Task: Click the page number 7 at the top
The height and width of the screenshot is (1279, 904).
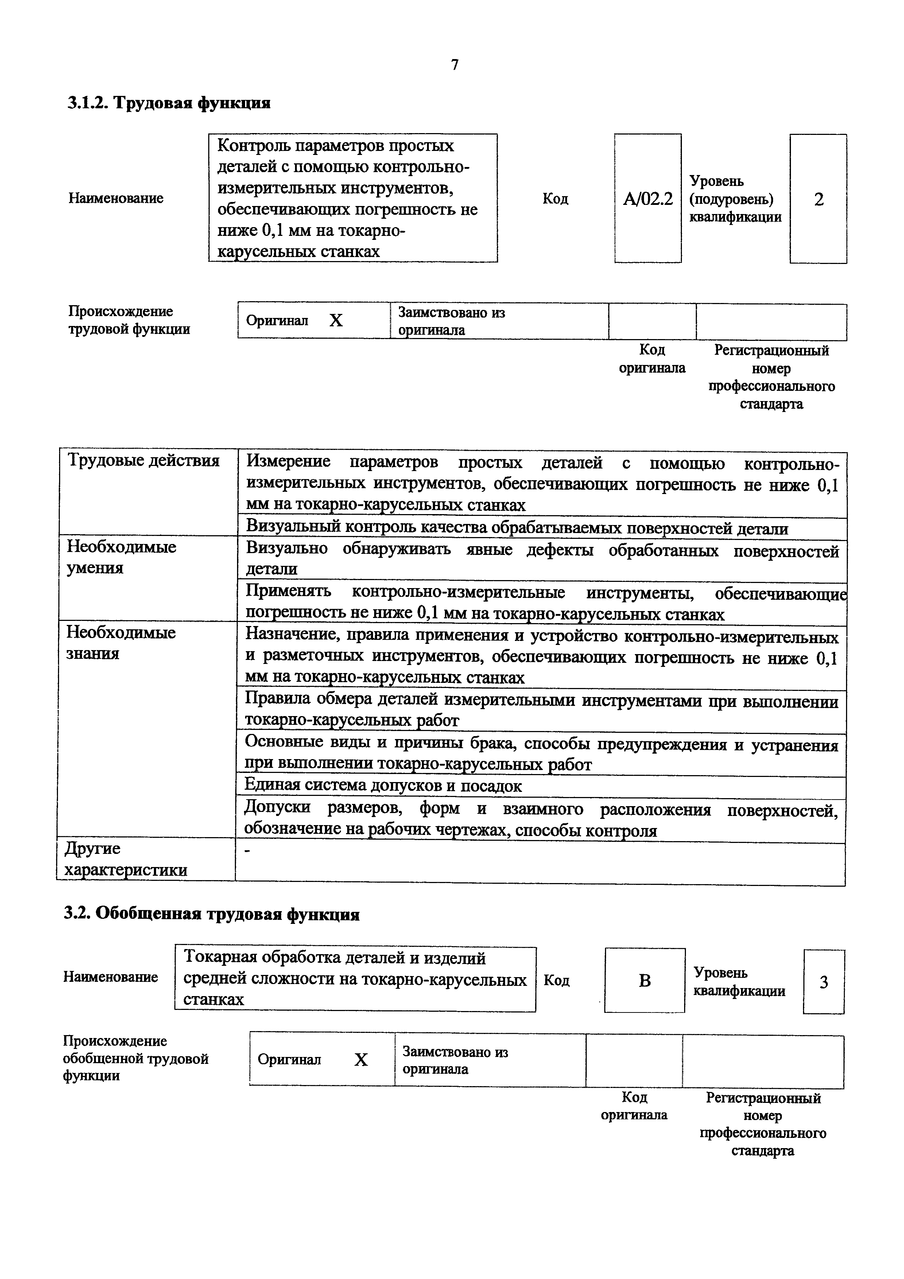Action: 454,65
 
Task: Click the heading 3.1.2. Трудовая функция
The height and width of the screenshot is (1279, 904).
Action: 169,103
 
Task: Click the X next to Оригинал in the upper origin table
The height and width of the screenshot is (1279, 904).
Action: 336,320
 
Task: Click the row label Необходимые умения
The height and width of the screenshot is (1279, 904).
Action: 121,557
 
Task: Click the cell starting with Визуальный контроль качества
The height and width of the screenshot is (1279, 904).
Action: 517,528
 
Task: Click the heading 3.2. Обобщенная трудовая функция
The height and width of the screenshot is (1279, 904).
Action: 212,914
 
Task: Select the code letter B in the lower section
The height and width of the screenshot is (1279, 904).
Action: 644,980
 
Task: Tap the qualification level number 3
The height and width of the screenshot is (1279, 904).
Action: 823,982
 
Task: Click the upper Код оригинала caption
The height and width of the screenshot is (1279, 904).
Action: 652,359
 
